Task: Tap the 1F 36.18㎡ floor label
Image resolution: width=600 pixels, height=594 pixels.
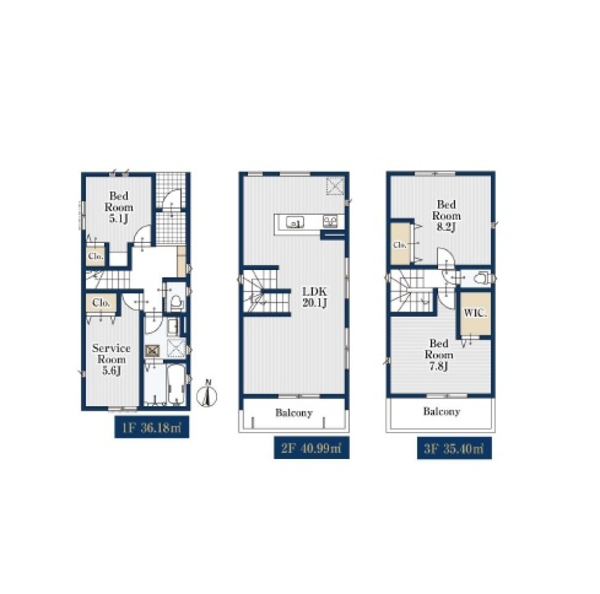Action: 152,428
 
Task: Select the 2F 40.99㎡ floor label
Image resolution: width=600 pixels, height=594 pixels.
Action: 311,448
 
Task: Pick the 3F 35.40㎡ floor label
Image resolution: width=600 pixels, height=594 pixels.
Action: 454,448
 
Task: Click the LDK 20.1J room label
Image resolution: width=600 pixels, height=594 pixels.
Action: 314,298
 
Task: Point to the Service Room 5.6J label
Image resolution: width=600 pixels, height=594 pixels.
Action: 112,359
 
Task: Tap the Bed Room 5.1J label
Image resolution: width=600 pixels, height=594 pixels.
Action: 119,208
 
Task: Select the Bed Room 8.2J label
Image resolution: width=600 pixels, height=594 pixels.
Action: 446,216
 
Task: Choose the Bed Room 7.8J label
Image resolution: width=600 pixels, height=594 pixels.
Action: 439,355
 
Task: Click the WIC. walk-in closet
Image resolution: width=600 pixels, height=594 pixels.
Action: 475,313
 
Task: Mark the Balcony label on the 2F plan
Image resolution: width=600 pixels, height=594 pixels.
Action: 294,413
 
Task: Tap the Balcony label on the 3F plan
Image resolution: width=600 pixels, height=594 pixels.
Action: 442,412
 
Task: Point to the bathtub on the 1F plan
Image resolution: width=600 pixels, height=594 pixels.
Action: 176,384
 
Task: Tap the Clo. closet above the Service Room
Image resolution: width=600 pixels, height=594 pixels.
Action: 101,303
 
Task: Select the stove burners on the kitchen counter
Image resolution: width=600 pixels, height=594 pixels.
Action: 330,221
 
